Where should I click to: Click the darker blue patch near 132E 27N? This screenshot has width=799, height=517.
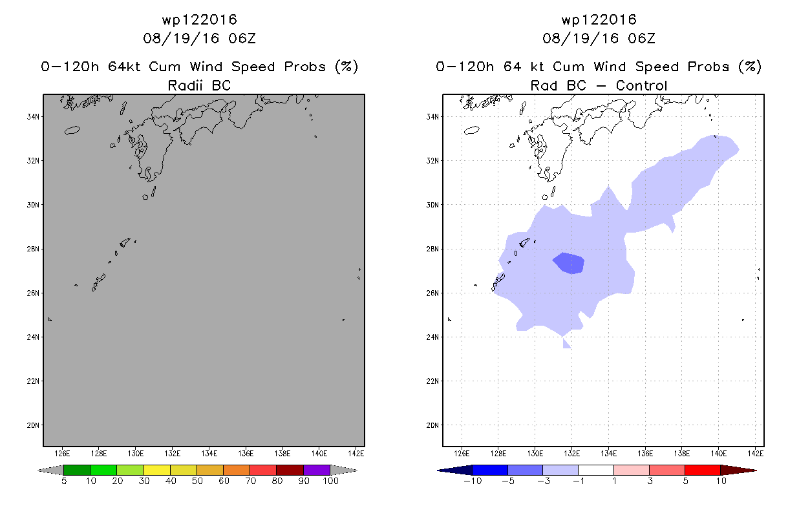(x=569, y=263)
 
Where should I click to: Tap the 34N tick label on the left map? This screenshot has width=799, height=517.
(x=33, y=117)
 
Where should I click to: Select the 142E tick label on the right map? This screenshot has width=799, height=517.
(x=756, y=454)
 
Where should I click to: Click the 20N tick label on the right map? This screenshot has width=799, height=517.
(x=432, y=425)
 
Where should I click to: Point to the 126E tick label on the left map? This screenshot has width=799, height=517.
(x=62, y=454)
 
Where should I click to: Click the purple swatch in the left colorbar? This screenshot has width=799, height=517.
(x=317, y=470)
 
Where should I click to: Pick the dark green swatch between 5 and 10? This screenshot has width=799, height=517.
(x=77, y=470)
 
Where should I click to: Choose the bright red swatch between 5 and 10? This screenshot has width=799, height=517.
(x=703, y=470)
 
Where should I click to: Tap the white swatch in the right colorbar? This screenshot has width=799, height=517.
(x=596, y=470)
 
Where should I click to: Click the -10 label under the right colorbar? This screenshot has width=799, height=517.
(x=473, y=481)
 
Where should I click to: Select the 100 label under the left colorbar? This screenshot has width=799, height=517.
(x=330, y=481)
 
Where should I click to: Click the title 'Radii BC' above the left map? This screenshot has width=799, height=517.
(x=199, y=85)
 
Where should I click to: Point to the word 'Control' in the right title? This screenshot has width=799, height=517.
(x=641, y=85)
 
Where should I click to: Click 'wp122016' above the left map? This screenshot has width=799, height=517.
(x=199, y=19)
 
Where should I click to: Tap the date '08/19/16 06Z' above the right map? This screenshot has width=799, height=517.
(x=599, y=38)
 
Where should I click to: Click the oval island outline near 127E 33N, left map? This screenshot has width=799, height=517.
(x=72, y=131)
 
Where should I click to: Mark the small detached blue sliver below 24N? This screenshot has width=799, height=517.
(x=566, y=343)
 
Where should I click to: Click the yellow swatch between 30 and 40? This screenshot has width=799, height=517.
(x=156, y=470)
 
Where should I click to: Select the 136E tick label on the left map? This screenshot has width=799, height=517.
(x=246, y=454)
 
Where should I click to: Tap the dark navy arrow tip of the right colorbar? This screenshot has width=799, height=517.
(x=438, y=470)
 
